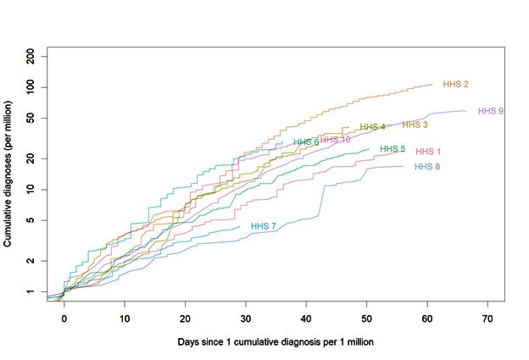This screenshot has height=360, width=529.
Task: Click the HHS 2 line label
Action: tap(455, 85)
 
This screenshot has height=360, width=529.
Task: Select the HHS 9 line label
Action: tap(491, 111)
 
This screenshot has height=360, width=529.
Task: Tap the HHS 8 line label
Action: tap(427, 167)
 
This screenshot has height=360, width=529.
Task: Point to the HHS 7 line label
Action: tap(264, 226)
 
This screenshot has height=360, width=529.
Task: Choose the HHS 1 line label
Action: tap(428, 152)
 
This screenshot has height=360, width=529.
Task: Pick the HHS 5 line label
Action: tap(393, 149)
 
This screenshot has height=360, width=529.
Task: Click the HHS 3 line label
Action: tap(415, 125)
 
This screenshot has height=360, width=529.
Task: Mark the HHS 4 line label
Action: tap(372, 127)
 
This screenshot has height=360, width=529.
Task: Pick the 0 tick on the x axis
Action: tap(64, 318)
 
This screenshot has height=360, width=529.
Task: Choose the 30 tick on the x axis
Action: tap(245, 318)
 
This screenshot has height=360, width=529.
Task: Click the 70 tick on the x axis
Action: tap(487, 318)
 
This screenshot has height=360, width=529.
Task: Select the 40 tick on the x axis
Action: tap(306, 318)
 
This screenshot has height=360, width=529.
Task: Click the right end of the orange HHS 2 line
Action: tap(432, 84)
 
